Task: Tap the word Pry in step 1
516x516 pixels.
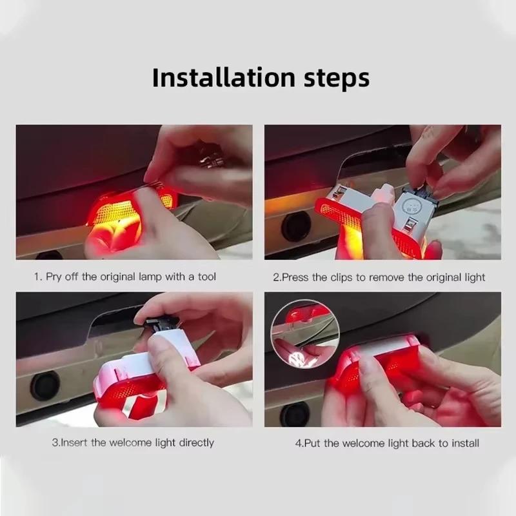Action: click(55, 277)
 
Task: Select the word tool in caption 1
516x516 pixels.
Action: click(206, 277)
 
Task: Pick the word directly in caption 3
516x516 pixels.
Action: click(192, 442)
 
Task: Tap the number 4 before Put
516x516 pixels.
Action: click(298, 443)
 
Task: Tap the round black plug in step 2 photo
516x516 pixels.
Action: click(296, 226)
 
